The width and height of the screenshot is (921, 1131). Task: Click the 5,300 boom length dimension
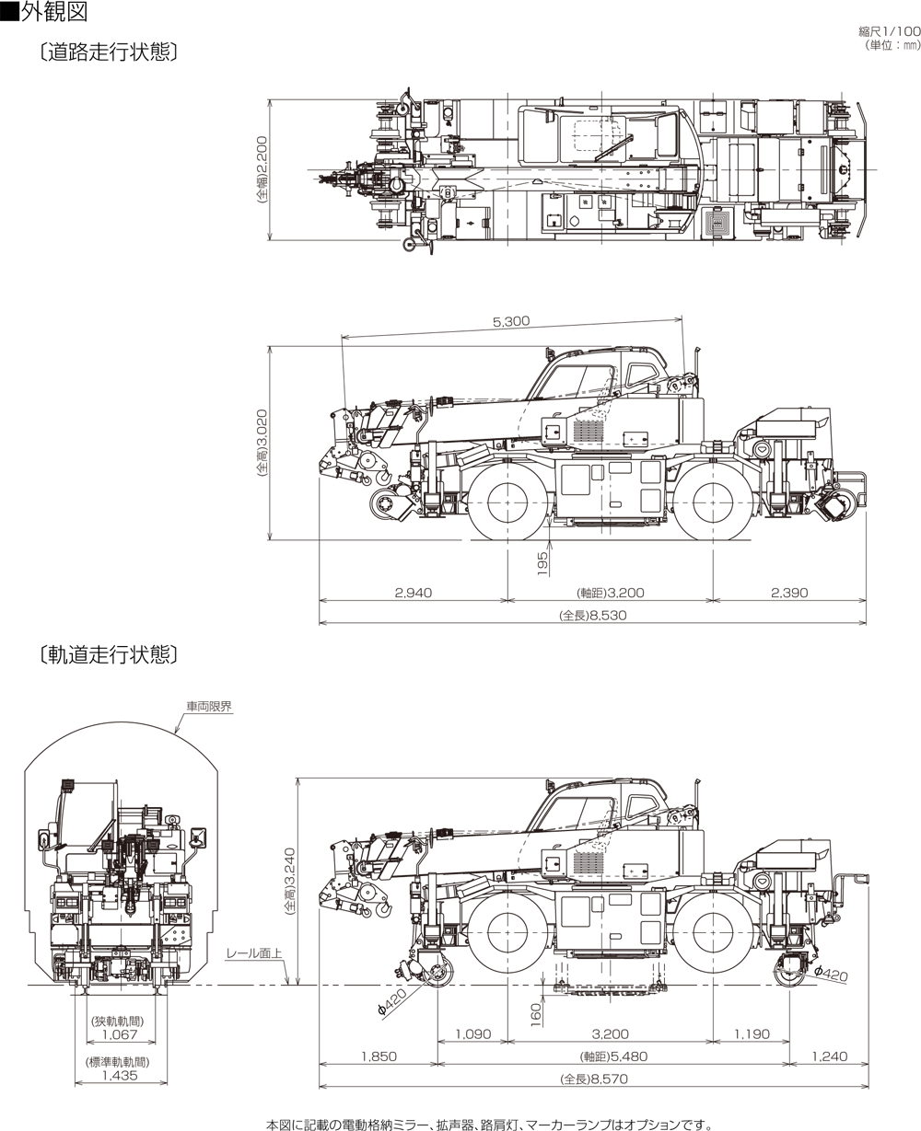pos(511,321)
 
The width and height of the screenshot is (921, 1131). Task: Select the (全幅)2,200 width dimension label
pos(262,172)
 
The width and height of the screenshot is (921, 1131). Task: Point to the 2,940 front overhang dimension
pos(413,593)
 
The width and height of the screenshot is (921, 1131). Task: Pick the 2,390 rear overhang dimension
pos(789,593)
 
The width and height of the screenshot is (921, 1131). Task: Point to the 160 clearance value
pos(536,1013)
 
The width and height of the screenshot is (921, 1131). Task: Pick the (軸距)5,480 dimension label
pos(611,1056)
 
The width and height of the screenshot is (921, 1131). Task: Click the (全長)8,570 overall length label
pos(593,1079)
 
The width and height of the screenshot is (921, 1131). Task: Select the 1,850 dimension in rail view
pos(379,1056)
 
